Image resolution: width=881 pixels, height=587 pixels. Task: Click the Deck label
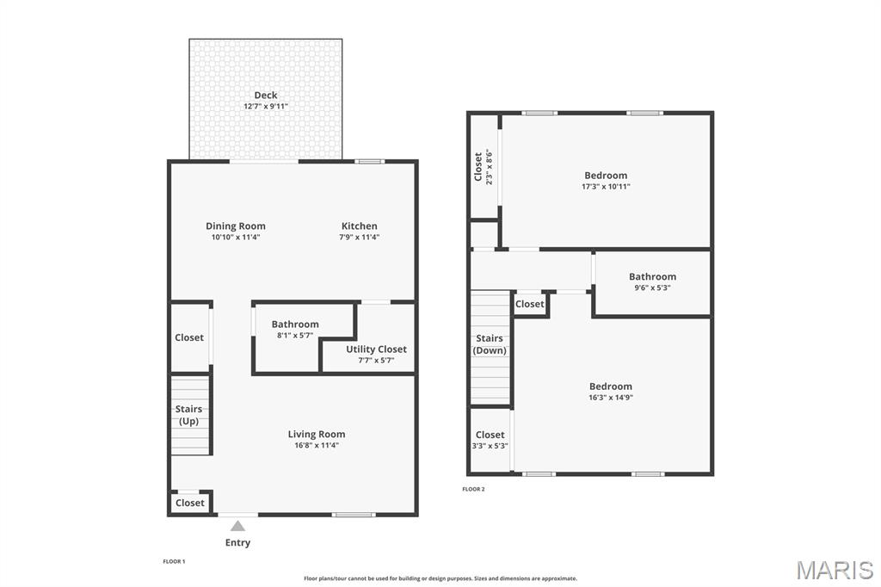point(266,95)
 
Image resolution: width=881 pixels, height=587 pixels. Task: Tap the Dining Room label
point(236,226)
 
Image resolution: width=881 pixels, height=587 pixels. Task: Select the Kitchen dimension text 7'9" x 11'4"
point(360,238)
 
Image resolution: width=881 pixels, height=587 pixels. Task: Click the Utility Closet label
point(376,349)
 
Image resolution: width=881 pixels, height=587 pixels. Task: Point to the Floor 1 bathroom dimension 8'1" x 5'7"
point(295,336)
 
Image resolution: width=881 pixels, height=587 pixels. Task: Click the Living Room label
point(317,435)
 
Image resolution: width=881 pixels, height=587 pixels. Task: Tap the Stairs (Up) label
point(188,415)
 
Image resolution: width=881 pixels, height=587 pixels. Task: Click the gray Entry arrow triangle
point(237,525)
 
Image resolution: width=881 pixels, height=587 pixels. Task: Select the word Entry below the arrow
point(237,543)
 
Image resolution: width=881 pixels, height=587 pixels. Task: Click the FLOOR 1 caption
point(174,561)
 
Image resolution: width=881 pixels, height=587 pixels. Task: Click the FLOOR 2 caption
point(473,489)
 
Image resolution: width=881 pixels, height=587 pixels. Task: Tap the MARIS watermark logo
point(835,570)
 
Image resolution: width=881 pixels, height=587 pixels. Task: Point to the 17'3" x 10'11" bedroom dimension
point(607,187)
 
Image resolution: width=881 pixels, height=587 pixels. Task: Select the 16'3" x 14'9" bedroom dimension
point(611,398)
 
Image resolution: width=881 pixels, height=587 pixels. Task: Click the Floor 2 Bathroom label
point(652,276)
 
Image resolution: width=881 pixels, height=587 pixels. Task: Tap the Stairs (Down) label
point(490,344)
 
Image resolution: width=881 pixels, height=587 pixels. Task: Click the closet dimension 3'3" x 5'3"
point(490,446)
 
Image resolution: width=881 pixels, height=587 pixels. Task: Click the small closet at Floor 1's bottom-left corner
point(190,503)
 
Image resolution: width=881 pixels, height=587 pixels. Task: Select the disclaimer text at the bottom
point(440,578)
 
